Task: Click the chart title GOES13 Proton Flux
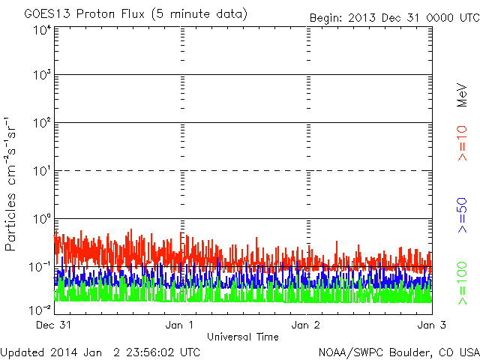pyautogui.click(x=135, y=13)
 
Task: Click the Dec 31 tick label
pyautogui.click(x=55, y=325)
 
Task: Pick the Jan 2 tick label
pyautogui.click(x=307, y=325)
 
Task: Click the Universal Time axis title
pyautogui.click(x=242, y=337)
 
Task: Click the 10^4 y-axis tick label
pyautogui.click(x=41, y=30)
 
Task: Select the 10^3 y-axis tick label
pyautogui.click(x=41, y=76)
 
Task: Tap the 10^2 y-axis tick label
pyautogui.click(x=41, y=123)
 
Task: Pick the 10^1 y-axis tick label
pyautogui.click(x=41, y=171)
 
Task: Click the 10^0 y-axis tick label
pyautogui.click(x=41, y=219)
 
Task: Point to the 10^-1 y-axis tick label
pyautogui.click(x=40, y=267)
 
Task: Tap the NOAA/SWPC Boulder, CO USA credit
pyautogui.click(x=398, y=352)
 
